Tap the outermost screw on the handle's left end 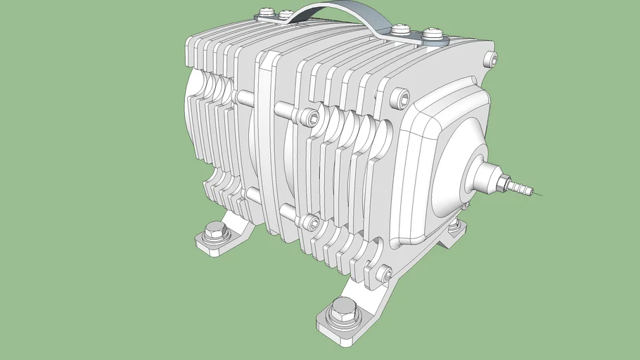[x=267, y=13]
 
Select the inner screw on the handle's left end [x=286, y=14]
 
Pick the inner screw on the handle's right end [x=401, y=30]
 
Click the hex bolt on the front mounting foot [x=344, y=310]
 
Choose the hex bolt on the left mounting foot [x=214, y=231]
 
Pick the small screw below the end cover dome [x=465, y=206]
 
